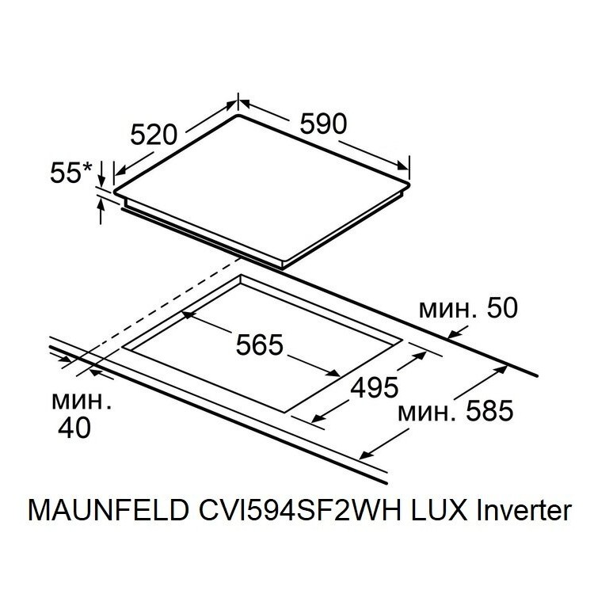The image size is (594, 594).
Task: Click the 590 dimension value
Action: [x=323, y=124]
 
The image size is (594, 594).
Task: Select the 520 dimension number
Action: [x=154, y=135]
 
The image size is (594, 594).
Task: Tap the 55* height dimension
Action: [x=71, y=173]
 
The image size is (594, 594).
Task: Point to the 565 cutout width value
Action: [x=260, y=345]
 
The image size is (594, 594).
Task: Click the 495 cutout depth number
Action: [x=375, y=387]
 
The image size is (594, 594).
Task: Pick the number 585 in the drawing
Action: [x=489, y=411]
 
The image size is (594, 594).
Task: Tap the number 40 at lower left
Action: [x=74, y=428]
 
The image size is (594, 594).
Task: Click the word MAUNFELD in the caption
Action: [x=109, y=510]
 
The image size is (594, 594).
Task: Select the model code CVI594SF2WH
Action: [x=299, y=510]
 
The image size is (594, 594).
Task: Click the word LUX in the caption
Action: [x=439, y=510]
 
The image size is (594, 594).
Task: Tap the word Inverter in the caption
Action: [x=524, y=510]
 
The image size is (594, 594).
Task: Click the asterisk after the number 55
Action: [x=87, y=167]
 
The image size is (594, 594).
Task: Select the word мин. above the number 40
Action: [x=82, y=401]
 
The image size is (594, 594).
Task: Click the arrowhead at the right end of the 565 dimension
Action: [x=334, y=373]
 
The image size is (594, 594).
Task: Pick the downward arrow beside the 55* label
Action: [x=101, y=173]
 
